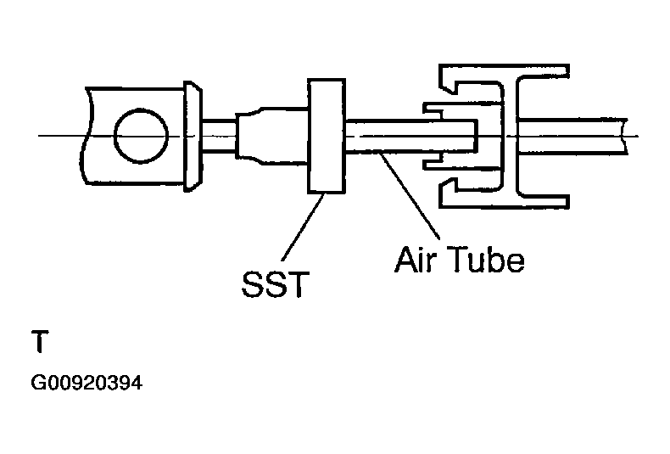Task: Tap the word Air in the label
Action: coord(421,259)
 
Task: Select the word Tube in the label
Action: coord(485,259)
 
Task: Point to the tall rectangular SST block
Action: coord(327,137)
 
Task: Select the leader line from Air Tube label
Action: coord(411,196)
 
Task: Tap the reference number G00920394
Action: coord(86,384)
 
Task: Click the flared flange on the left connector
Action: coord(193,136)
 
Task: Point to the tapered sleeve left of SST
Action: coord(272,136)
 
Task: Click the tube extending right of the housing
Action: coord(585,136)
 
